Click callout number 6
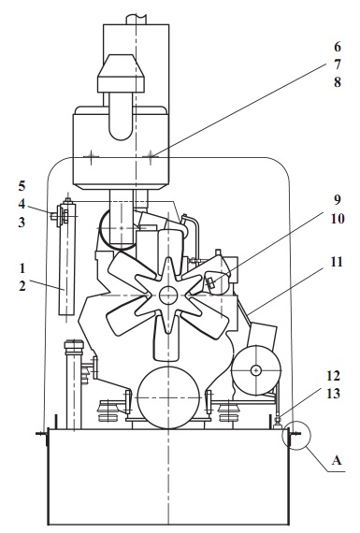337,47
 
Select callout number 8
337,82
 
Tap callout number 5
22,186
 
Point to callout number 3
22,223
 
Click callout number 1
22,268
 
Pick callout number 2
22,286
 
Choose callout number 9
337,200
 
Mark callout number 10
338,219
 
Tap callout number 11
337,262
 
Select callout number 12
333,376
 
